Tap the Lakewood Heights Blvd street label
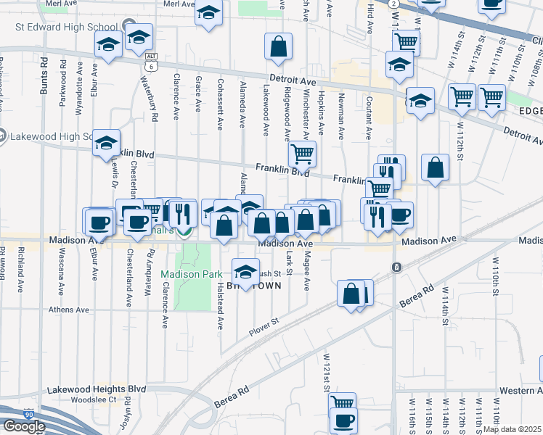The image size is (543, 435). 97,389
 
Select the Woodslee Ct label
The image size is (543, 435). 94,399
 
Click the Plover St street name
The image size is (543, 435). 264,324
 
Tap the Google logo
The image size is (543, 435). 23,426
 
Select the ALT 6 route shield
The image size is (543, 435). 151,61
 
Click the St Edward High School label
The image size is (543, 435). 66,26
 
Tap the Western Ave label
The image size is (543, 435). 522,391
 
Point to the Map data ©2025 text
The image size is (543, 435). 513,429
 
